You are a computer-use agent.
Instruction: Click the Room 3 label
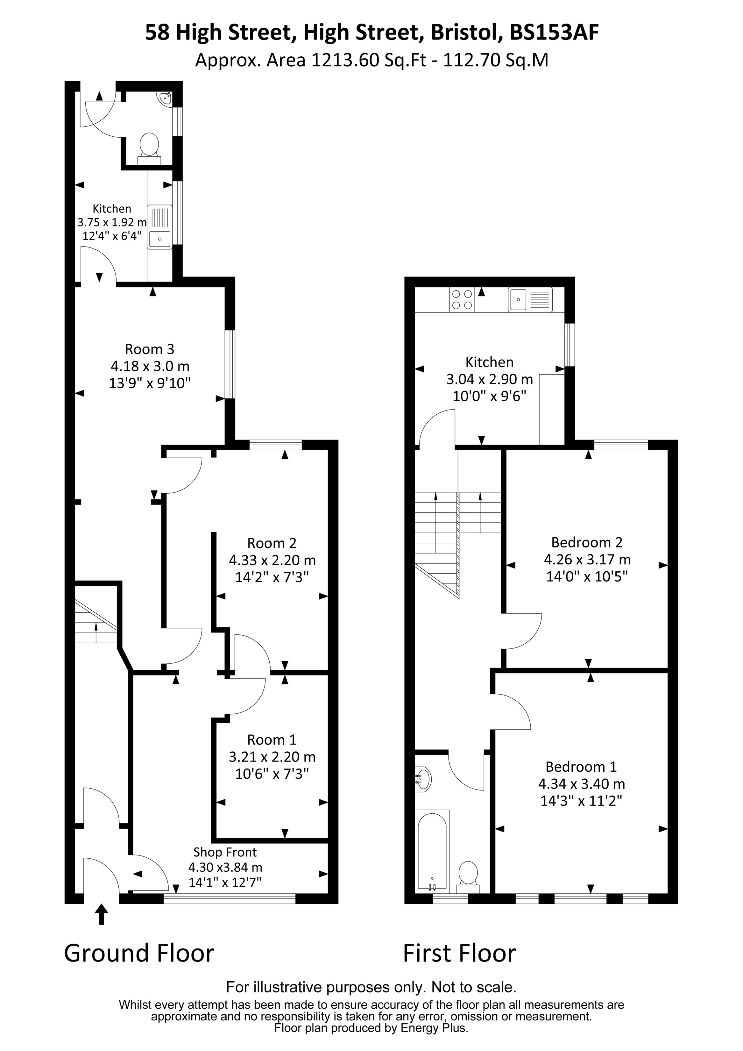(x=150, y=350)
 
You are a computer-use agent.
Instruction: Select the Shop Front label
(x=225, y=852)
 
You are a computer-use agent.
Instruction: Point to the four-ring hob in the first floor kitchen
(x=462, y=300)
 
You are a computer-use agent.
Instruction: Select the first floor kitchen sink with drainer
(x=530, y=299)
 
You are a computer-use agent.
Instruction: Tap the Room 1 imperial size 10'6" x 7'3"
(x=272, y=774)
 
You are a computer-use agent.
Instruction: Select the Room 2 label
(x=272, y=543)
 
